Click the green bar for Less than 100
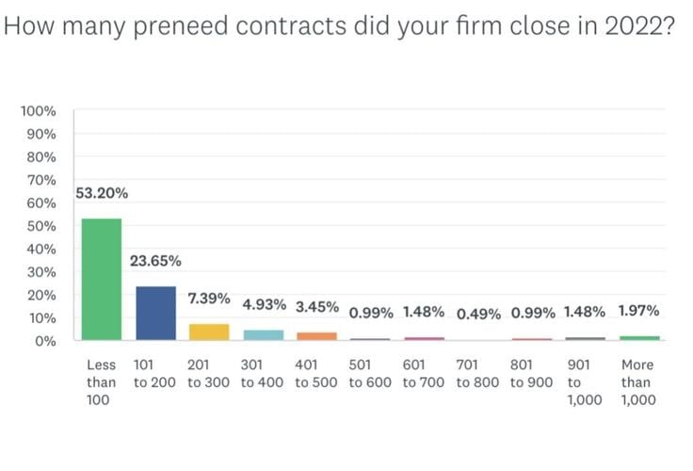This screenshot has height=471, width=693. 102,279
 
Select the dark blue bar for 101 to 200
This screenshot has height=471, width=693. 155,313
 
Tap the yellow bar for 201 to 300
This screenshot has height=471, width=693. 210,332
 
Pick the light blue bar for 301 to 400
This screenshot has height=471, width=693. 264,334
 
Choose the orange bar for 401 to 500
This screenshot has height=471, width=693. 317,336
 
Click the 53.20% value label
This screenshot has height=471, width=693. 102,194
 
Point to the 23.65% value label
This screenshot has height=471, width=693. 155,261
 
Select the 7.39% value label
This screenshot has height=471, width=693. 210,299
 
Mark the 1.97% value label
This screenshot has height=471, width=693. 639,311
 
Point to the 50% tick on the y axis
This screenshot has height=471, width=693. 42,226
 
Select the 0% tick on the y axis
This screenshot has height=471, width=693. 46,341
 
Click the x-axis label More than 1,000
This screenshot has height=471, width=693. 637,382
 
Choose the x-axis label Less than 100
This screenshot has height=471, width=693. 101,382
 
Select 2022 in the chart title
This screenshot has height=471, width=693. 634,24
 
